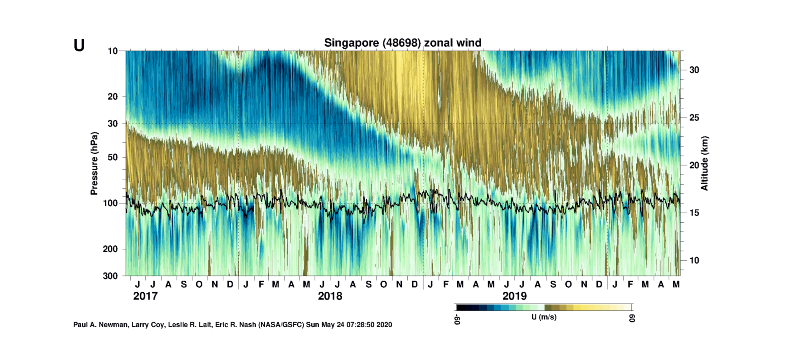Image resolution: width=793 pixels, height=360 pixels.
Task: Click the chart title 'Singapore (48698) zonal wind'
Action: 402,43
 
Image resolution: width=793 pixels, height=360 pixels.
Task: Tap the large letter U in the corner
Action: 79,45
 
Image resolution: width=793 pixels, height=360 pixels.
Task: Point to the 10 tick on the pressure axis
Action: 113,51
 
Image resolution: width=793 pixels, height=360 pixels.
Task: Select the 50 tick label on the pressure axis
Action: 113,157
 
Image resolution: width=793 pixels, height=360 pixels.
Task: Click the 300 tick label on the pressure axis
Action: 110,276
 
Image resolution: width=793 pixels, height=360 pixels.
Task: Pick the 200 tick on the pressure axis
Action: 110,249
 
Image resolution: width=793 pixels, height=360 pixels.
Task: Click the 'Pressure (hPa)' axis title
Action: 94,163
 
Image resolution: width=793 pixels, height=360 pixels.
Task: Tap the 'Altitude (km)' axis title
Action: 704,163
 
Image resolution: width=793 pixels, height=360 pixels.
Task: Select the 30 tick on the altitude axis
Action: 694,70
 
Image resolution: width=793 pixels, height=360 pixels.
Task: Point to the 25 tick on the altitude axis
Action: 694,118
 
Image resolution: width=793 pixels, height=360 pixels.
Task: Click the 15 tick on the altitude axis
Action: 694,213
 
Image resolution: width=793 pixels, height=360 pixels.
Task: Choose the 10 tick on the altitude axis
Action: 694,260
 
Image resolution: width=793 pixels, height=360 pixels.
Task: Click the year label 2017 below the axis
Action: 145,296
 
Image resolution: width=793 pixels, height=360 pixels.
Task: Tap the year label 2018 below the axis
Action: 330,296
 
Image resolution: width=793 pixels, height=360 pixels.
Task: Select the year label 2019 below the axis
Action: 514,296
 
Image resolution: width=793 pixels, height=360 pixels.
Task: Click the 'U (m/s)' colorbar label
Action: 544,317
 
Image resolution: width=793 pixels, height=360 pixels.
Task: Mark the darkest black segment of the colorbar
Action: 461,307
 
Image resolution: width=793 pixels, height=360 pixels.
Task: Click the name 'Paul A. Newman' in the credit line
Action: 100,325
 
